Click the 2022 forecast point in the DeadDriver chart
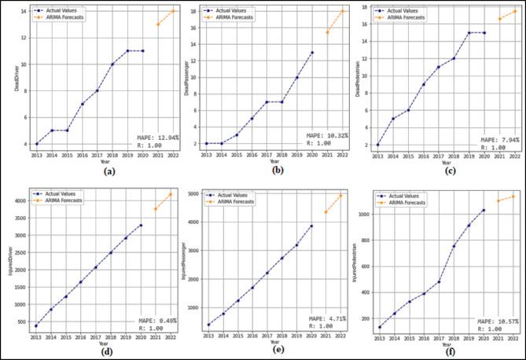coord(173,11)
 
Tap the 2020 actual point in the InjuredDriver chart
coord(142,225)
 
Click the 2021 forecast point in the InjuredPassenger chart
coord(326,212)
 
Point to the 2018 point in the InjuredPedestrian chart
coord(454,246)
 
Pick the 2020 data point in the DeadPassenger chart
coord(311,53)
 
